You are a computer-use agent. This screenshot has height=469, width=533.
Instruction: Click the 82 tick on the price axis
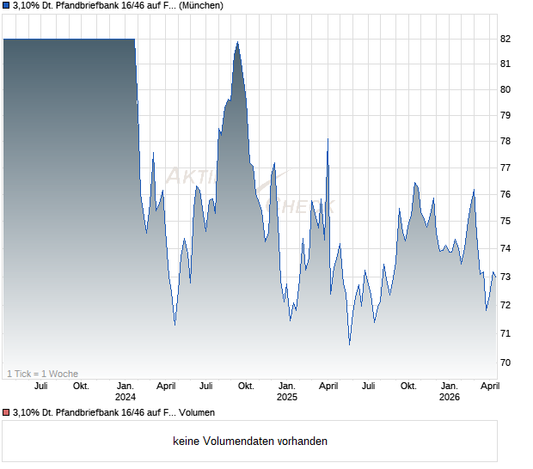(x=505, y=40)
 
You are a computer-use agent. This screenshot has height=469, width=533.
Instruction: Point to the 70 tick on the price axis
(x=505, y=363)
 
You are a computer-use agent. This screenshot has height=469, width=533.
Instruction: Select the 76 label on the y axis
(x=505, y=195)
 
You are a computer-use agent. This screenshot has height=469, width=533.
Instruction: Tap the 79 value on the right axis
(x=505, y=116)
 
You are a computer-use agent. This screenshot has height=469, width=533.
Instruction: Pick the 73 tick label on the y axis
(x=505, y=277)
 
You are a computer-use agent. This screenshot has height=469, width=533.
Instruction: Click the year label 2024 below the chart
(x=126, y=398)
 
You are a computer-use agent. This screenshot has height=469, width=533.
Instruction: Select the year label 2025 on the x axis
(x=287, y=398)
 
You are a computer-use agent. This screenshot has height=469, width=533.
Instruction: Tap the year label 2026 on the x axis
(x=449, y=398)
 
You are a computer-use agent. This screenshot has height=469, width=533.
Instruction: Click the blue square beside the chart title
(x=6, y=6)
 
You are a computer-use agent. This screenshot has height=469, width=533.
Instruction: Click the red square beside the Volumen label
(x=6, y=413)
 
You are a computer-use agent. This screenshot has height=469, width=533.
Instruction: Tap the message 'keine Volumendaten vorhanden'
(x=250, y=442)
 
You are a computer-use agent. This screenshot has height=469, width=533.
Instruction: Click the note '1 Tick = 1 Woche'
(x=42, y=374)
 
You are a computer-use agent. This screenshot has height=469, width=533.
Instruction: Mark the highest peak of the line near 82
(x=237, y=42)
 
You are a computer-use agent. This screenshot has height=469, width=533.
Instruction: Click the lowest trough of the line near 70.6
(x=349, y=344)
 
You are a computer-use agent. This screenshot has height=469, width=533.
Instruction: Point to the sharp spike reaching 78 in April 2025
(x=328, y=139)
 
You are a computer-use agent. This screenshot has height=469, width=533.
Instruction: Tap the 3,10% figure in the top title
(x=29, y=6)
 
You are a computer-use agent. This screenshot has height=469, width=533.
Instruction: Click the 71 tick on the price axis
(x=505, y=333)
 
